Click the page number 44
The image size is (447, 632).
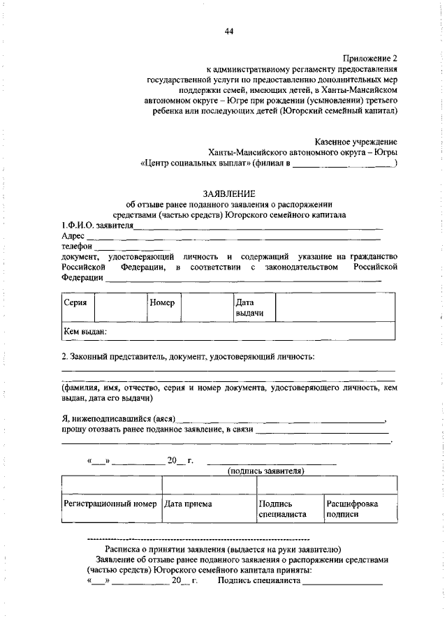[229, 31]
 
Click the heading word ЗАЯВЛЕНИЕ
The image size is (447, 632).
[228, 193]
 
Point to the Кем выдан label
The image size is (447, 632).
[85, 332]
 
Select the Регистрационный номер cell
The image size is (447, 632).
[110, 504]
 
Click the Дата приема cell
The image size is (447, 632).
[187, 504]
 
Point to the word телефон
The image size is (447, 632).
[77, 247]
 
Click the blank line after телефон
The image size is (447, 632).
[131, 248]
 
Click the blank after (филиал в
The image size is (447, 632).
[343, 165]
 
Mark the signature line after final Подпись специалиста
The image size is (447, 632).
[342, 581]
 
